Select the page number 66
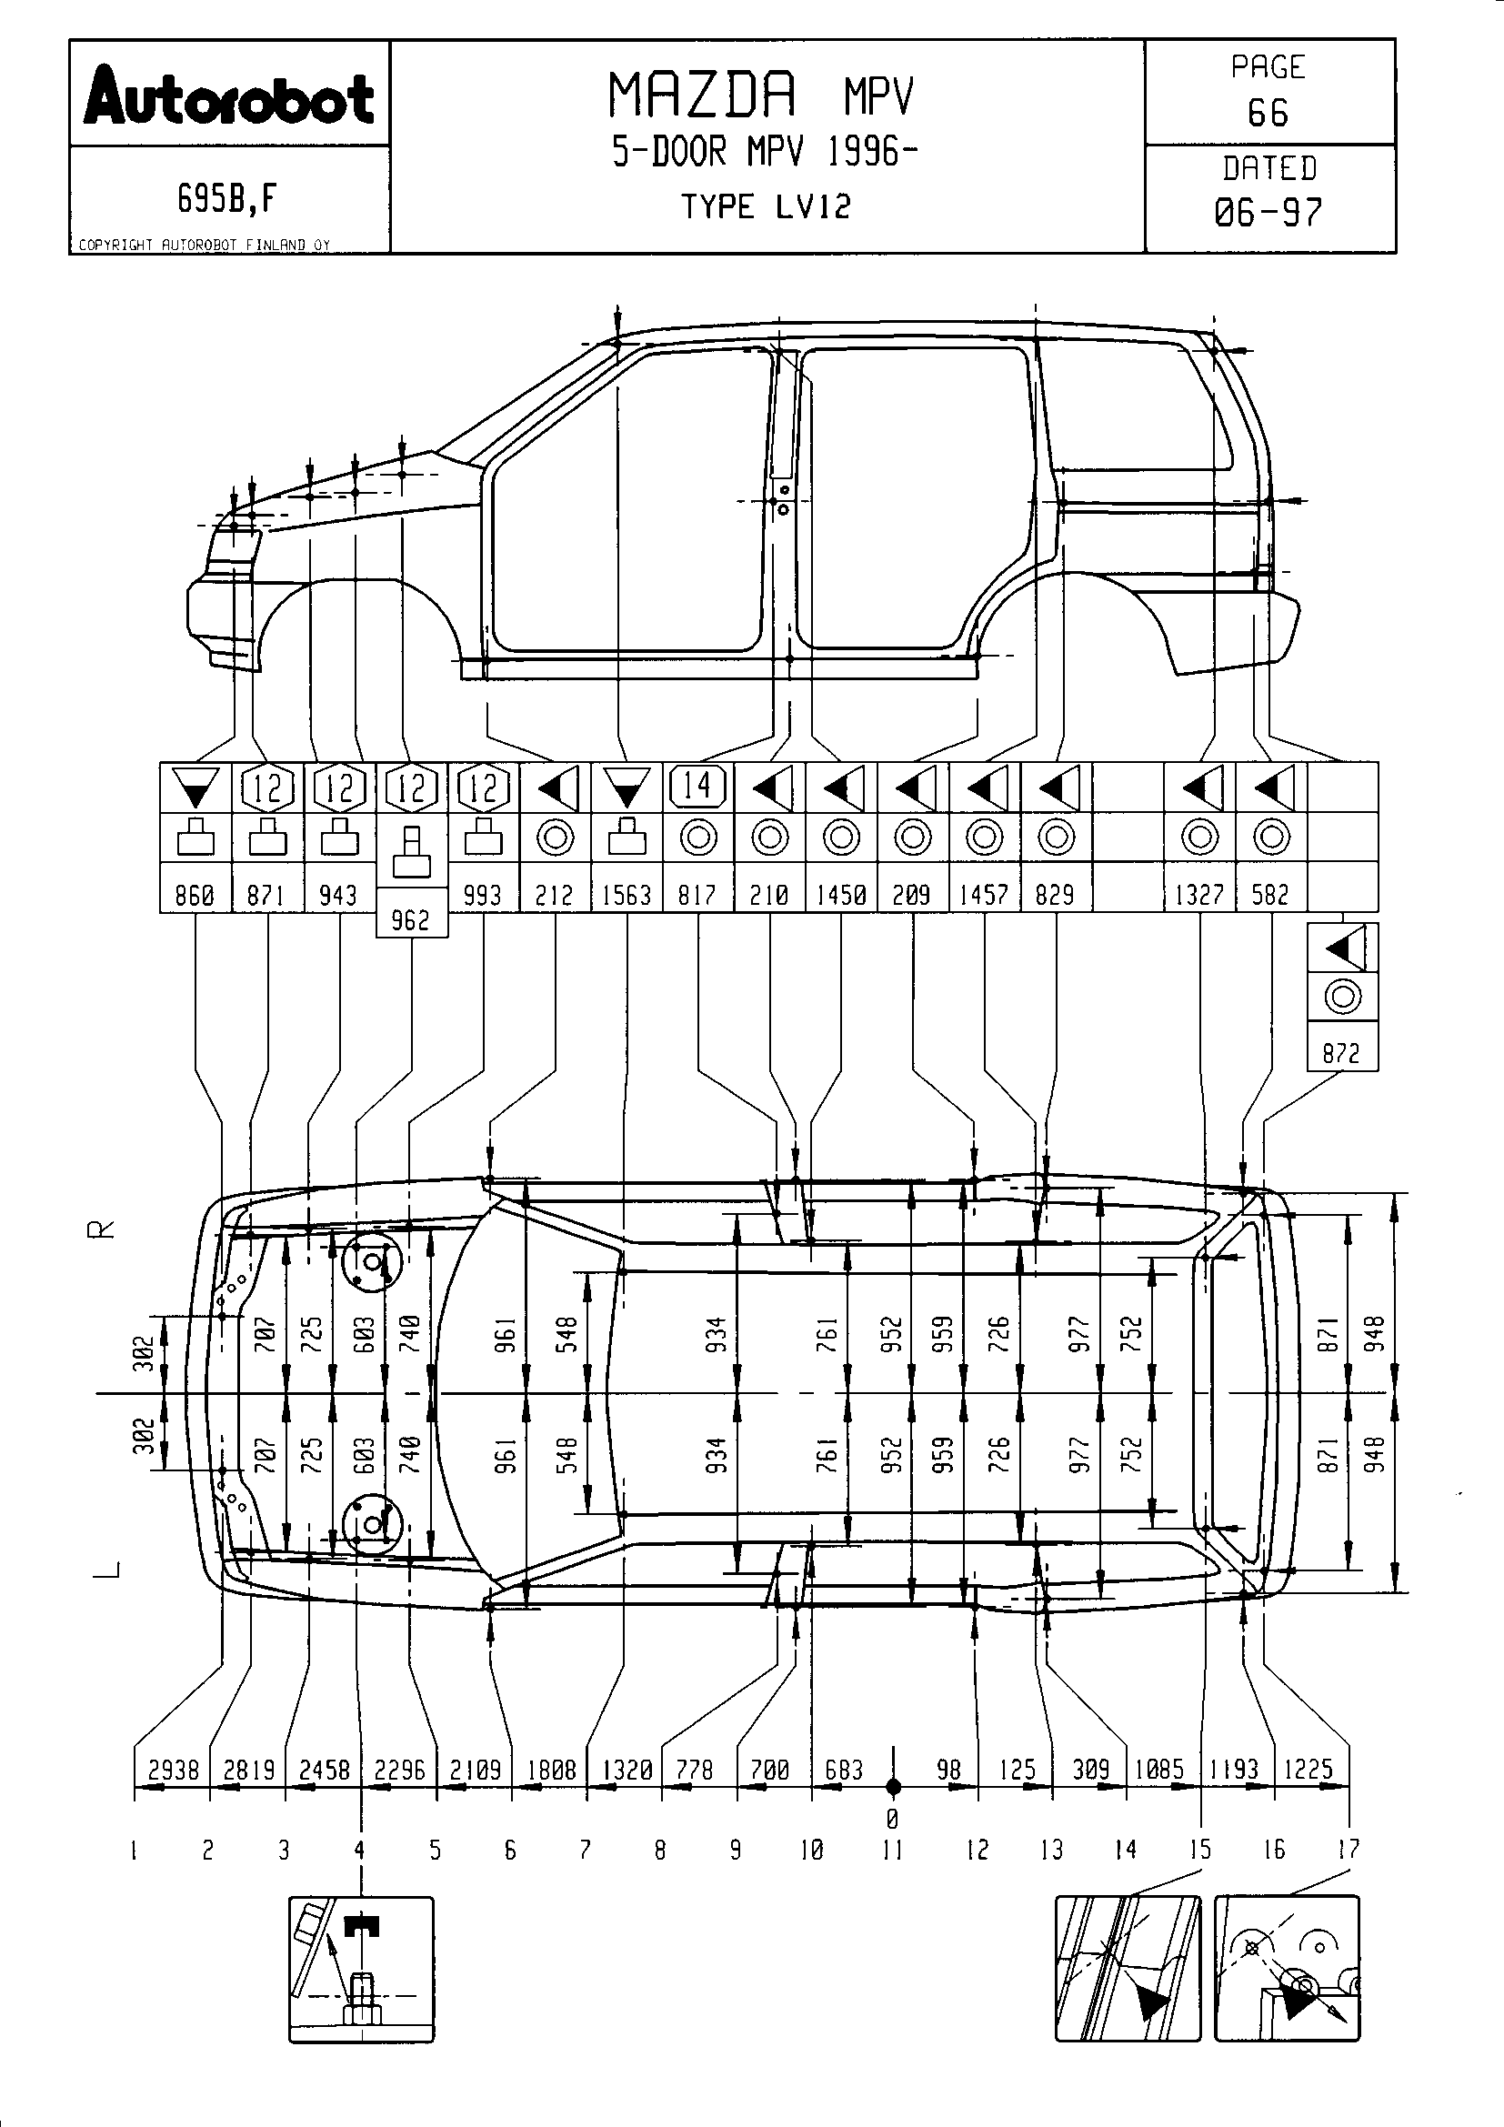coord(1268,113)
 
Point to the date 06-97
coord(1268,213)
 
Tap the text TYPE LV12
coord(765,206)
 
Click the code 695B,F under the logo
coord(227,198)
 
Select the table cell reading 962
coord(411,920)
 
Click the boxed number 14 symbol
coord(697,787)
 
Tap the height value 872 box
coord(1341,1053)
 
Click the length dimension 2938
coord(173,1771)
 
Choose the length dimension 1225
coord(1308,1770)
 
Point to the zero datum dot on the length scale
coord(893,1787)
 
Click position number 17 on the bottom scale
coord(1348,1850)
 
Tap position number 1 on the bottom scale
coord(135,1851)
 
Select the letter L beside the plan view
coord(109,1569)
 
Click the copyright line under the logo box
coord(204,246)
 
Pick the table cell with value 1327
coord(1199,895)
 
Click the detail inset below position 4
coord(361,1969)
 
